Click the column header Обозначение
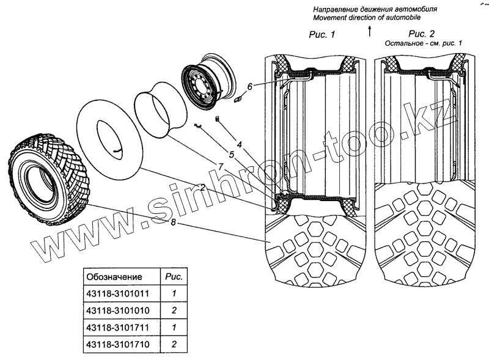pos(115,276)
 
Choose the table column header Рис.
pos(174,276)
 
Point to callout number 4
pos(240,144)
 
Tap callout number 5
pos(232,155)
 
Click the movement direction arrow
pos(370,32)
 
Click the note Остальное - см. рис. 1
pos(422,44)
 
